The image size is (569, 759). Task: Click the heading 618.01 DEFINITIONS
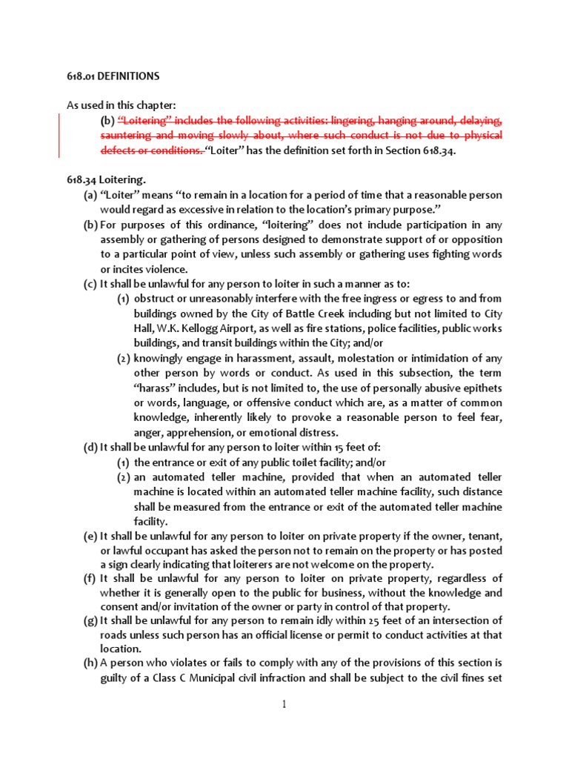[113, 76]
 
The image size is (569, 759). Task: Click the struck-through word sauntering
[127, 135]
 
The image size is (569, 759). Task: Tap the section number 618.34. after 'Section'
[436, 150]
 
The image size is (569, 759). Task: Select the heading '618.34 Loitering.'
[107, 179]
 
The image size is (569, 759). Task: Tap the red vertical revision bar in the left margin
[60, 135]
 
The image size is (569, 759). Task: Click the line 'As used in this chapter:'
[122, 105]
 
